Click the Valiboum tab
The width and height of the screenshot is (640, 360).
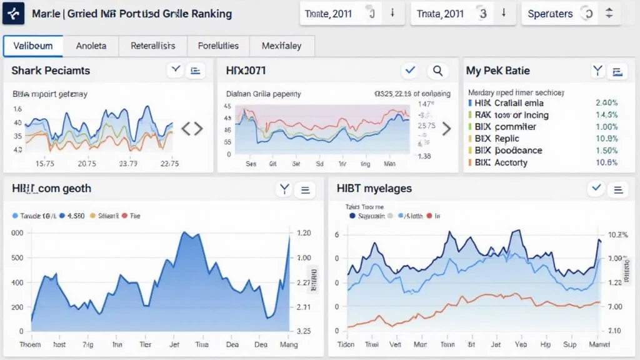point(32,46)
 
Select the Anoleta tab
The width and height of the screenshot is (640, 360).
point(91,46)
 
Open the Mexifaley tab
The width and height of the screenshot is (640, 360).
point(282,46)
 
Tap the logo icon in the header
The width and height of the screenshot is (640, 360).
point(13,13)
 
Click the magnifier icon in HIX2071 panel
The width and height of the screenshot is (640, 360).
point(437,71)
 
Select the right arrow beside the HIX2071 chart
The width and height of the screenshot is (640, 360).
point(446,129)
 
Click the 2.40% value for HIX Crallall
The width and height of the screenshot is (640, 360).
point(606,103)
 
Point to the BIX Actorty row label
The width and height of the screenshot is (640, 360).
point(501,162)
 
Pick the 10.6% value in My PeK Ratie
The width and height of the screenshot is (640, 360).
point(606,162)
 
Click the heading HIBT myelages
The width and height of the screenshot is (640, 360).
point(374,189)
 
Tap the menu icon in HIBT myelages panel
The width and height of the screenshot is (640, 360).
point(617,189)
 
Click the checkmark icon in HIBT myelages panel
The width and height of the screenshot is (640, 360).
point(596,189)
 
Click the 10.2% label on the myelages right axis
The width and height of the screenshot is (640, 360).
point(617,235)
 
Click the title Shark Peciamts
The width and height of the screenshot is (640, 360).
point(51,71)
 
